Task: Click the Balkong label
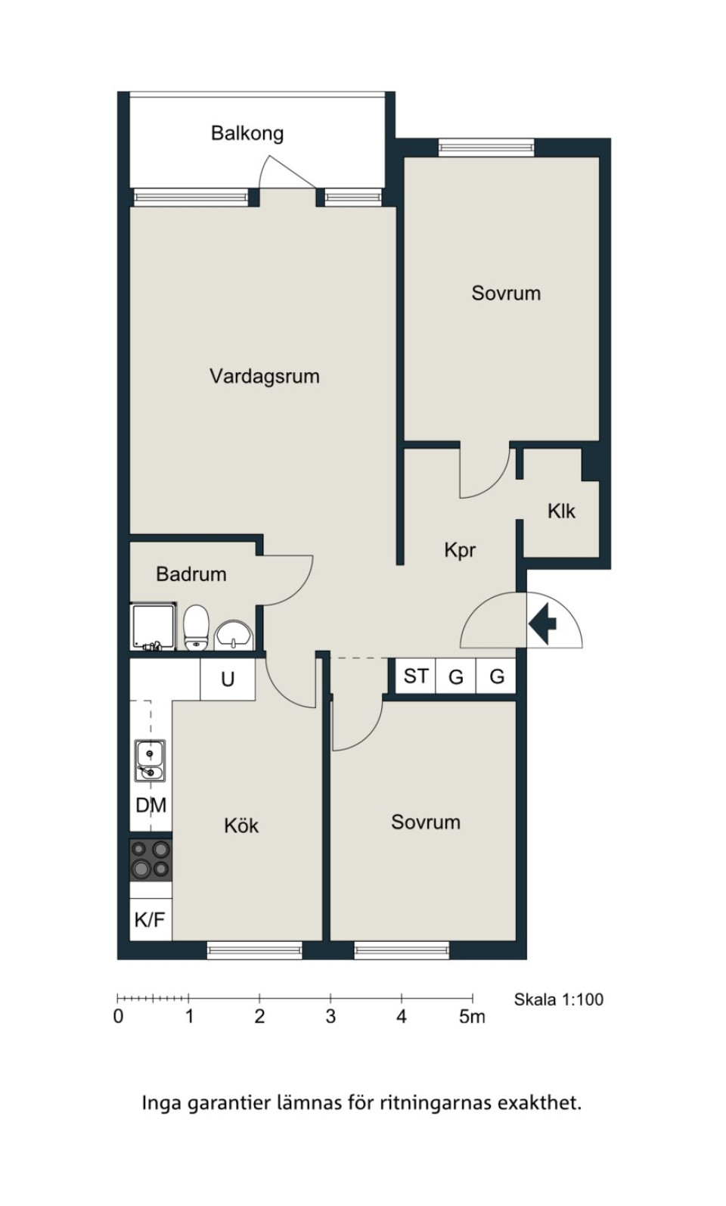pyautogui.click(x=247, y=133)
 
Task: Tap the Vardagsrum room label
pyautogui.click(x=264, y=376)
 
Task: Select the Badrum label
pyautogui.click(x=191, y=574)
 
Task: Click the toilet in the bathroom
pyautogui.click(x=195, y=628)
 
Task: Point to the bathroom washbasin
pyautogui.click(x=233, y=636)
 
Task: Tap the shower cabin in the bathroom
pyautogui.click(x=154, y=626)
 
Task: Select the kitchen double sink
pyautogui.click(x=150, y=761)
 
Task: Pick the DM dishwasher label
pyautogui.click(x=150, y=806)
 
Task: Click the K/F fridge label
pyautogui.click(x=150, y=920)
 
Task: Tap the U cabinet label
pyautogui.click(x=228, y=679)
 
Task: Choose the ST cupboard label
pyautogui.click(x=416, y=676)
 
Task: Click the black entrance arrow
pyautogui.click(x=542, y=624)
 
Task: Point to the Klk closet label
pyautogui.click(x=561, y=511)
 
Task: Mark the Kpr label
pyautogui.click(x=460, y=550)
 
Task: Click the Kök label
pyautogui.click(x=241, y=825)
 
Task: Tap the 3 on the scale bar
pyautogui.click(x=330, y=1017)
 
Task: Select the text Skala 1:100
pyautogui.click(x=559, y=999)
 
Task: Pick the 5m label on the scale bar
pyautogui.click(x=472, y=1017)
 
